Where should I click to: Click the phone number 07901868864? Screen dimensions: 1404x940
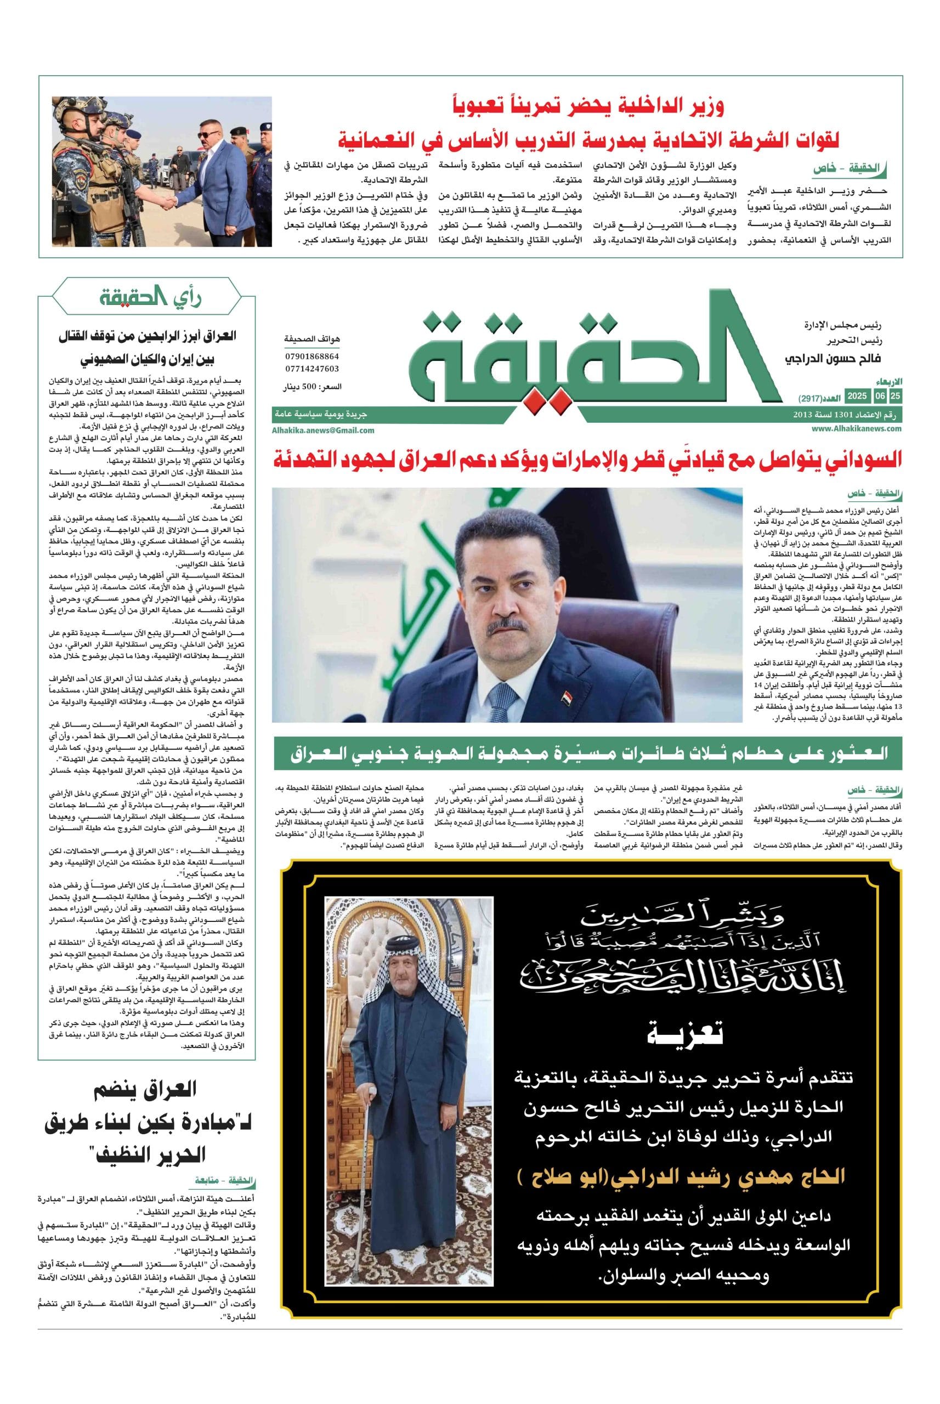(312, 356)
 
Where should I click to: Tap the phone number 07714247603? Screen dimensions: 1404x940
(312, 369)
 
